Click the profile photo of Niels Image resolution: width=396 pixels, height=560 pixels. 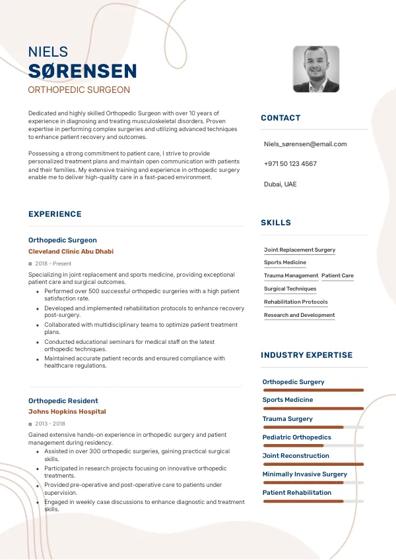click(316, 69)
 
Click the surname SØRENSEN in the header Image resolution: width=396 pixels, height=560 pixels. click(82, 71)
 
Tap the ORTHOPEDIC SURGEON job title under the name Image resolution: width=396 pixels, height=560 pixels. click(79, 90)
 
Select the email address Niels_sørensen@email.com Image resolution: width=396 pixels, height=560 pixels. click(305, 144)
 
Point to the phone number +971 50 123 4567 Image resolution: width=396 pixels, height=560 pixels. click(290, 164)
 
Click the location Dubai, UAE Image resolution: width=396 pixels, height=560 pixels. click(280, 184)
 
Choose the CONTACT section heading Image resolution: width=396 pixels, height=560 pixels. click(280, 118)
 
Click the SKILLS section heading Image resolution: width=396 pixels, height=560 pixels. click(276, 223)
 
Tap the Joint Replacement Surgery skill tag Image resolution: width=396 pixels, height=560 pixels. click(300, 250)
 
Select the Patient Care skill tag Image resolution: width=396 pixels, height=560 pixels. click(337, 276)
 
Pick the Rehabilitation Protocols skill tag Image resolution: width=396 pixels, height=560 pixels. click(296, 302)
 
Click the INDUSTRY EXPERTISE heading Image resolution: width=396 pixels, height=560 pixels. click(306, 355)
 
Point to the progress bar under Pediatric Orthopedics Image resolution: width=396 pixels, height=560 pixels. click(313, 446)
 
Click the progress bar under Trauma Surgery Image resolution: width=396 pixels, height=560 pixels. click(313, 428)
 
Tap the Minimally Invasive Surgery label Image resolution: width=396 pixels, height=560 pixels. click(304, 474)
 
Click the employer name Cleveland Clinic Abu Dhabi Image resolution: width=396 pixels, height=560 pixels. click(71, 252)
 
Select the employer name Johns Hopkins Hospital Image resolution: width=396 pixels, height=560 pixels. click(67, 412)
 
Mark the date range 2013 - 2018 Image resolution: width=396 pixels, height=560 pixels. click(50, 424)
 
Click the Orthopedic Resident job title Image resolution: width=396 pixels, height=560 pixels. click(63, 401)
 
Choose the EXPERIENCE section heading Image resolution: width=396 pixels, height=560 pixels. click(55, 214)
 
